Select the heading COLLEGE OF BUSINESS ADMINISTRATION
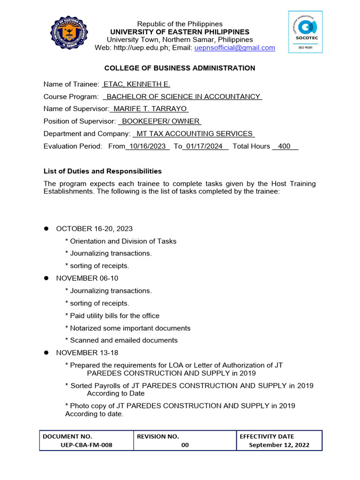click(x=180, y=68)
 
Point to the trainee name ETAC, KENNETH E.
click(x=136, y=84)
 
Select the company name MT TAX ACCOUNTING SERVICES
click(x=194, y=134)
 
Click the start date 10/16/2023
click(x=148, y=146)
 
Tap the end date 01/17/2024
click(x=204, y=146)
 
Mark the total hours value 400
click(x=284, y=146)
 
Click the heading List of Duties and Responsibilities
click(x=103, y=171)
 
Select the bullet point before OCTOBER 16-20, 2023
click(x=46, y=229)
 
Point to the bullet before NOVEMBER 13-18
click(x=46, y=353)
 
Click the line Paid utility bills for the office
click(x=114, y=315)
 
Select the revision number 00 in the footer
click(x=185, y=445)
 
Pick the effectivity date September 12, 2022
click(x=279, y=445)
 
